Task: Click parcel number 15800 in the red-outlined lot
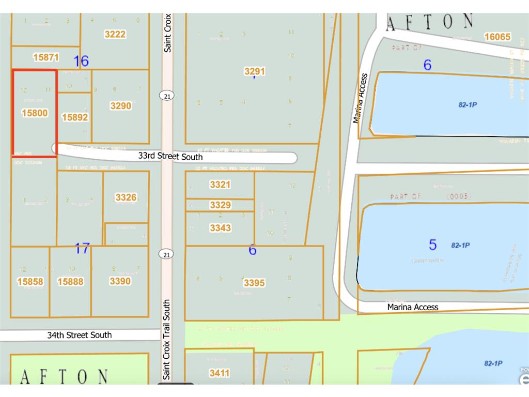pos(35,113)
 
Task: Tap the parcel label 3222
pos(115,34)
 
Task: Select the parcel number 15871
pos(45,57)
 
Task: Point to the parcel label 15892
pos(75,117)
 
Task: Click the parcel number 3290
pos(121,106)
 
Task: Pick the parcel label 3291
pos(255,71)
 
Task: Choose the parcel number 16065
pos(497,37)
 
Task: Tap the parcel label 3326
pos(126,197)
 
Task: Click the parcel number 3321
pos(220,185)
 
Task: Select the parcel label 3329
pos(220,205)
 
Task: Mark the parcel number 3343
pos(220,227)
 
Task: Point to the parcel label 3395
pos(254,283)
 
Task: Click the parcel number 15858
pos(30,282)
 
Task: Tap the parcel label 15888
pos(70,282)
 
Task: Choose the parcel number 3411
pos(219,373)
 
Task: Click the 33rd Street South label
pos(170,156)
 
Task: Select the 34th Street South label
pos(79,335)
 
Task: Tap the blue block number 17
pos(82,249)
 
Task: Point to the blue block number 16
pos(81,61)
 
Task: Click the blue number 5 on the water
pos(433,245)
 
